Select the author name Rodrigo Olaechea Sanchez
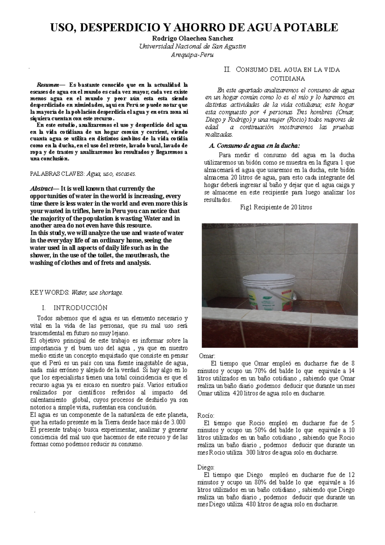pos(193,39)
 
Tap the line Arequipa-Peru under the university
pos(193,55)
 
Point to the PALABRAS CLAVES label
pos(57,174)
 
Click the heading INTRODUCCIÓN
pos(80,308)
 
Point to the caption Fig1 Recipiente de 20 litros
pos(276,207)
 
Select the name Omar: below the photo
pos(207,356)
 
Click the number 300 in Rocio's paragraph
pos(251,453)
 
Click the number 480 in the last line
pos(251,505)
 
